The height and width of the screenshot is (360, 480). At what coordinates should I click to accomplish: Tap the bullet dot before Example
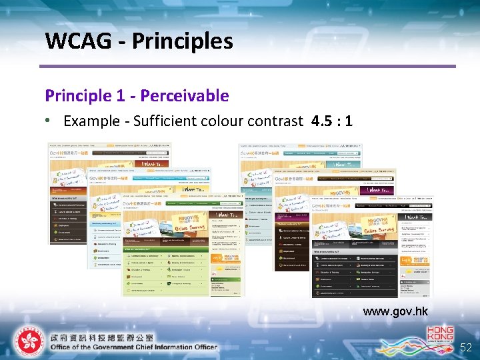tap(49, 121)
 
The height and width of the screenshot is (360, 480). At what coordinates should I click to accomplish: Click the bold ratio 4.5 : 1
tap(331, 121)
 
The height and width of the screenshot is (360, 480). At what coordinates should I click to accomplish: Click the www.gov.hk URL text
tap(395, 311)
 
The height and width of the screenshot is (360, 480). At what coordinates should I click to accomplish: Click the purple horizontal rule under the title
tap(247, 66)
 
